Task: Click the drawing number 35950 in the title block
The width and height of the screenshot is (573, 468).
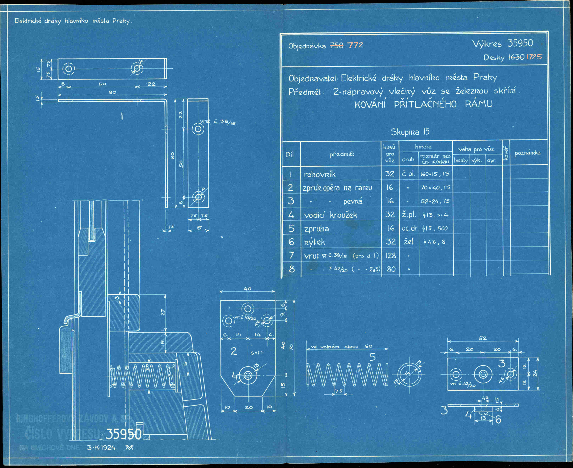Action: click(x=520, y=43)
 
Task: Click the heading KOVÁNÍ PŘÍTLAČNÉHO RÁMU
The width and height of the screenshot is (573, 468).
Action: click(x=423, y=104)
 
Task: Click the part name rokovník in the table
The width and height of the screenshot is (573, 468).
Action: click(x=320, y=174)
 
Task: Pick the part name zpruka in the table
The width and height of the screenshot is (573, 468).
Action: click(x=317, y=229)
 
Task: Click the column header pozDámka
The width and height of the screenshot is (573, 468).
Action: click(x=527, y=153)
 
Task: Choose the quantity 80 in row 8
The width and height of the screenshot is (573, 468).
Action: click(x=391, y=269)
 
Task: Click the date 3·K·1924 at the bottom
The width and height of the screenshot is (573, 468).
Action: click(x=102, y=448)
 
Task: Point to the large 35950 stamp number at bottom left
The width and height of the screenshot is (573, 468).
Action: click(x=123, y=434)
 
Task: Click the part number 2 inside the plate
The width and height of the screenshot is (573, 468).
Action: click(x=234, y=351)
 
